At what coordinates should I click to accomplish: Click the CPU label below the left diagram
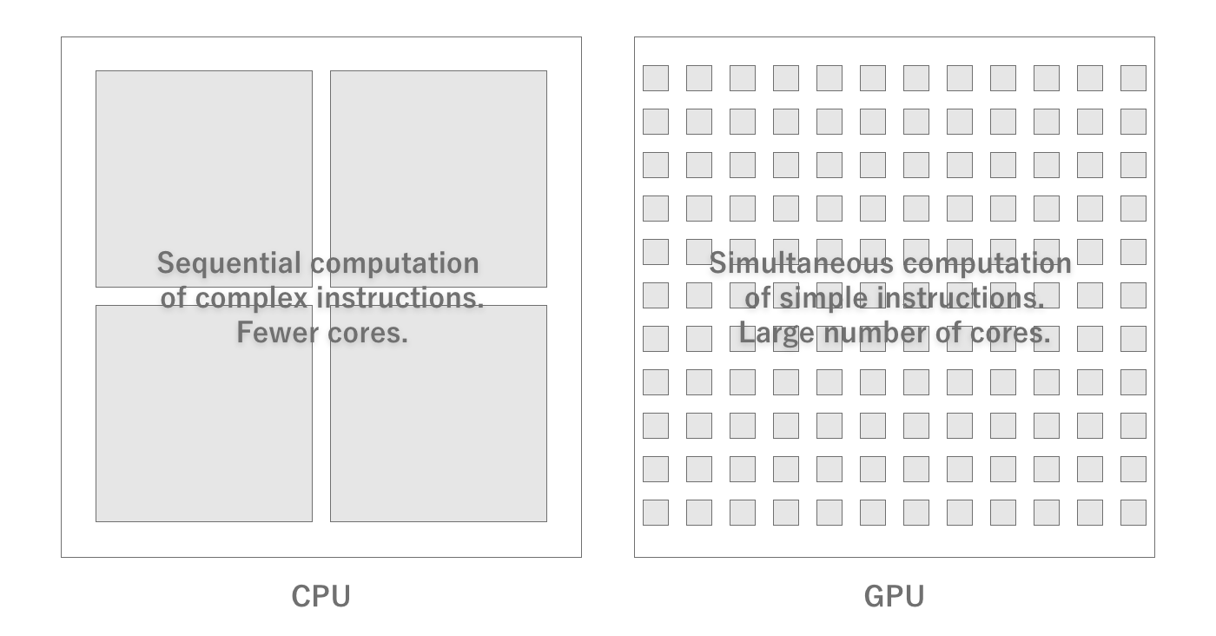pos(321,596)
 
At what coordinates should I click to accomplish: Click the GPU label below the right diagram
pos(894,596)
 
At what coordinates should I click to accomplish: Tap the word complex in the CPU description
pos(252,298)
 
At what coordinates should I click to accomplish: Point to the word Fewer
pos(270,333)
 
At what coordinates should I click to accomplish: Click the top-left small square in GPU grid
pos(656,78)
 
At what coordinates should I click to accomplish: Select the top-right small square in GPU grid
pos(1133,78)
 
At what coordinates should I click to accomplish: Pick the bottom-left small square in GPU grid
pos(656,513)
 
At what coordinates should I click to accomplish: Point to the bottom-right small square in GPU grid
pos(1133,513)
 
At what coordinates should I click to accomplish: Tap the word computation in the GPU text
pos(983,263)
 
